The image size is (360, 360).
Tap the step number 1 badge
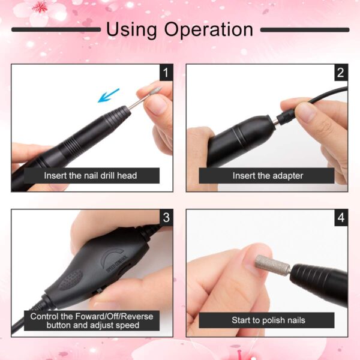click(x=166, y=73)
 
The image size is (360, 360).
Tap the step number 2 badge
click(x=340, y=73)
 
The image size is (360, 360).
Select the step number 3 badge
click(x=166, y=217)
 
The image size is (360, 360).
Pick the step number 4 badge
click(x=340, y=217)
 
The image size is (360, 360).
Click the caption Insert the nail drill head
click(x=91, y=176)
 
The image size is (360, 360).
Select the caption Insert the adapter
click(x=268, y=176)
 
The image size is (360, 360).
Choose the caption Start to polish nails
click(x=268, y=320)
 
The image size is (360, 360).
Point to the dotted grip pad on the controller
click(x=70, y=280)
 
